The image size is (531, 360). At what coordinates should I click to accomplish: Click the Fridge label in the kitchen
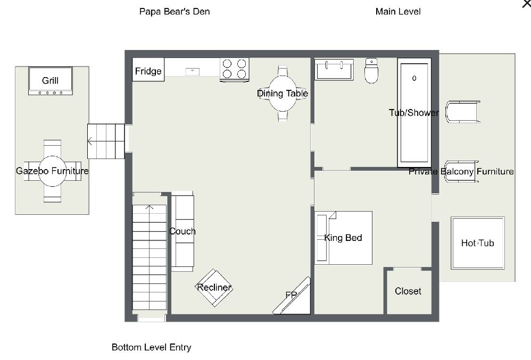pyautogui.click(x=148, y=71)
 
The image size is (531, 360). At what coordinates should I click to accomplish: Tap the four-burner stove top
pyautogui.click(x=235, y=69)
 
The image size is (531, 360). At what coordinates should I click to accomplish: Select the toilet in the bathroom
pyautogui.click(x=371, y=71)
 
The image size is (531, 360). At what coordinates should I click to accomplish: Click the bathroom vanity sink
pyautogui.click(x=334, y=69)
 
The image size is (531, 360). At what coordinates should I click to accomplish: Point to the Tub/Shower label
pyautogui.click(x=414, y=113)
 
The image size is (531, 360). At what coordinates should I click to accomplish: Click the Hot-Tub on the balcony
pyautogui.click(x=477, y=243)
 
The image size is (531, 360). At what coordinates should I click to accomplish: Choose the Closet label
pyautogui.click(x=408, y=291)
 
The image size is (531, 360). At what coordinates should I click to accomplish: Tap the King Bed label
pyautogui.click(x=343, y=238)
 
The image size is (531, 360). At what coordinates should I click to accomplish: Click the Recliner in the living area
pyautogui.click(x=214, y=288)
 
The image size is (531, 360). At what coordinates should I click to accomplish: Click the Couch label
pyautogui.click(x=182, y=231)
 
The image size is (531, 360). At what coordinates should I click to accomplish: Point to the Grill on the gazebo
pyautogui.click(x=51, y=81)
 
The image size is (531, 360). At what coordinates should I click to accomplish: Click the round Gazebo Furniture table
pyautogui.click(x=52, y=171)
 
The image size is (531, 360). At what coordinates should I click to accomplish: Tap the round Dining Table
pyautogui.click(x=283, y=94)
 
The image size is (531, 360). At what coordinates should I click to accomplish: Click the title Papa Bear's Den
pyautogui.click(x=175, y=12)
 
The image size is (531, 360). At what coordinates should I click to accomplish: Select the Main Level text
pyautogui.click(x=398, y=12)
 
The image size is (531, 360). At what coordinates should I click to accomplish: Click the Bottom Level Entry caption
pyautogui.click(x=151, y=347)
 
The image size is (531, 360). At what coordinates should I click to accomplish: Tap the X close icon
pyautogui.click(x=526, y=3)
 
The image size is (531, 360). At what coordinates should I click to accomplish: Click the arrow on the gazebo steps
pyautogui.click(x=91, y=141)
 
